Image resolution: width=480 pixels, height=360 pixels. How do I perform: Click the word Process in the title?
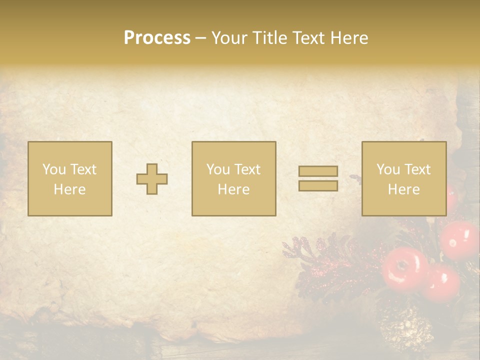tap(157, 38)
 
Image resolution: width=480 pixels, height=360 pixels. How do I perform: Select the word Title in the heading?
tap(270, 38)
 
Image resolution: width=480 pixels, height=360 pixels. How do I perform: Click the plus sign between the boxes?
tap(152, 179)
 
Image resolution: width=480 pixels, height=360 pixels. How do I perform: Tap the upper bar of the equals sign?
tap(318, 171)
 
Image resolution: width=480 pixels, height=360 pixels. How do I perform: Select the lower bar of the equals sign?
tap(318, 186)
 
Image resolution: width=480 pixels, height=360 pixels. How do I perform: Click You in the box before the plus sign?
tap(54, 169)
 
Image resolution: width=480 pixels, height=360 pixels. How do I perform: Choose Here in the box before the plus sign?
tap(69, 189)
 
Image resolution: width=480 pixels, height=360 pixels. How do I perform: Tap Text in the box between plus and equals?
tap(247, 169)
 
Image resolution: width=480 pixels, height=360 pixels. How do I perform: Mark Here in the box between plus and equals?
tap(233, 189)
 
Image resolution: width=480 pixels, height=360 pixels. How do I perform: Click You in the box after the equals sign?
tap(388, 169)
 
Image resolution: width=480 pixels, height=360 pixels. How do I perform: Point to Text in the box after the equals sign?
tap(417, 169)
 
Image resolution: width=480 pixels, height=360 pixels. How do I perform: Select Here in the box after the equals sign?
tap(403, 189)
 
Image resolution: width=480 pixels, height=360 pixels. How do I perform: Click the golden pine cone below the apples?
tap(406, 330)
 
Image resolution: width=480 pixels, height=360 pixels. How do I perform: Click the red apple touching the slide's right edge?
tap(461, 239)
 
